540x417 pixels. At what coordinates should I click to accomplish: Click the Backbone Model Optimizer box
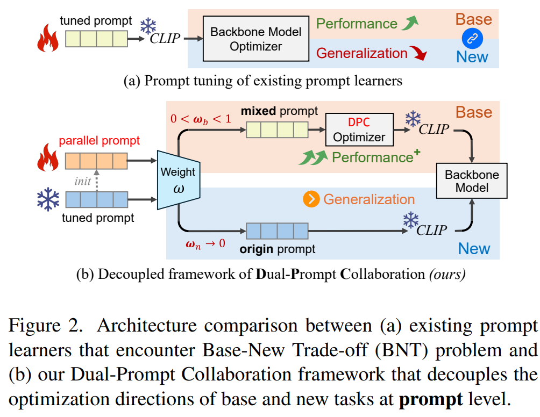click(x=255, y=39)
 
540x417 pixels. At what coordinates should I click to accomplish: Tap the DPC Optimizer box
click(x=359, y=130)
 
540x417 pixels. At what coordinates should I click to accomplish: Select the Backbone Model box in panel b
click(x=472, y=181)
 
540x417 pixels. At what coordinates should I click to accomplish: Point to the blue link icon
click(x=473, y=38)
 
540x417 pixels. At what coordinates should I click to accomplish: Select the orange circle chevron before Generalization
click(x=310, y=199)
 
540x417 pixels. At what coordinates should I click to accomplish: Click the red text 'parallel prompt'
click(x=100, y=141)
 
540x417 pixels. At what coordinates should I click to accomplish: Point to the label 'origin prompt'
click(x=278, y=249)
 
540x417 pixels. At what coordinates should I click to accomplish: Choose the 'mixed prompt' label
click(x=280, y=112)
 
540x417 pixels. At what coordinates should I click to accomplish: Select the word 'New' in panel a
click(x=472, y=57)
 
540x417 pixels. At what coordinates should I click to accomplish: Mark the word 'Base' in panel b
click(x=473, y=112)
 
